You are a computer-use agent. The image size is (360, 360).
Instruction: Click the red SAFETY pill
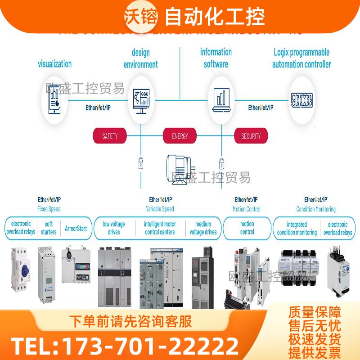click(x=110, y=135)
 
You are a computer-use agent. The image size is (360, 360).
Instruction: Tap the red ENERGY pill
click(x=180, y=135)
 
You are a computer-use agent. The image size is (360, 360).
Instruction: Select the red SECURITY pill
click(x=251, y=135)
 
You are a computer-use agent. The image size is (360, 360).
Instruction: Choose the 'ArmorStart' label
click(x=76, y=228)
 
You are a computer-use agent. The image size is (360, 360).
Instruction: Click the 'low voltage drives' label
click(x=114, y=228)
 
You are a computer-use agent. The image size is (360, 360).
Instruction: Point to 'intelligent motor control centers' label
click(x=160, y=228)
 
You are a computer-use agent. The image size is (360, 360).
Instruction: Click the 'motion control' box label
click(x=247, y=228)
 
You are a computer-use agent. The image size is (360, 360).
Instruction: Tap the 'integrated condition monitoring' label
click(x=297, y=228)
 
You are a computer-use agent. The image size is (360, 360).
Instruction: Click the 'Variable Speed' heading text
click(x=160, y=209)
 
